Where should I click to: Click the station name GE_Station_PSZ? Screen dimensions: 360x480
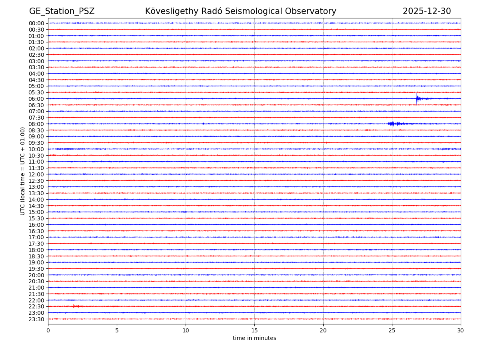tap(62, 11)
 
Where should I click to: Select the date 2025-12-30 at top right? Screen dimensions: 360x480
tap(426, 11)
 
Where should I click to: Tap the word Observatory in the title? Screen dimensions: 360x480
tap(313, 11)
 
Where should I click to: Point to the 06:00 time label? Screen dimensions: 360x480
tap(36, 99)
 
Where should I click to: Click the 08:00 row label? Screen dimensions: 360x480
tap(36, 124)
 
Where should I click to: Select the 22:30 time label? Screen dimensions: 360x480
tap(36, 306)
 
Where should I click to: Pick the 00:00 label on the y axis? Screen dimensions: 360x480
tap(36, 23)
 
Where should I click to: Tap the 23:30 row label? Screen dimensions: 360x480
tap(36, 319)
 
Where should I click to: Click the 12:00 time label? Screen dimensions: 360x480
tap(36, 174)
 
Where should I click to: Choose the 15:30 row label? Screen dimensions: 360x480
tap(36, 218)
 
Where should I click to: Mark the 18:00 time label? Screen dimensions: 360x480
tap(36, 250)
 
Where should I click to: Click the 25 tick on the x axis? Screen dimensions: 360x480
tap(392, 331)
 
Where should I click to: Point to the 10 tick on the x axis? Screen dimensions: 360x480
tap(186, 331)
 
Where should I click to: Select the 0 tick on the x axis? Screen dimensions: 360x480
tap(48, 331)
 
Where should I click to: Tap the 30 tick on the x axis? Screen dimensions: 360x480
tap(461, 331)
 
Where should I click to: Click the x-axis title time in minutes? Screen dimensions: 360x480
tap(254, 338)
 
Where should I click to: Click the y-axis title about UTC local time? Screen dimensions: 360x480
tap(23, 171)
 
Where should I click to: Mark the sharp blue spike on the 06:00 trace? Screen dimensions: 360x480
tap(417, 98)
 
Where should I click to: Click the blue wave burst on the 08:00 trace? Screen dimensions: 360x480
tap(394, 124)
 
